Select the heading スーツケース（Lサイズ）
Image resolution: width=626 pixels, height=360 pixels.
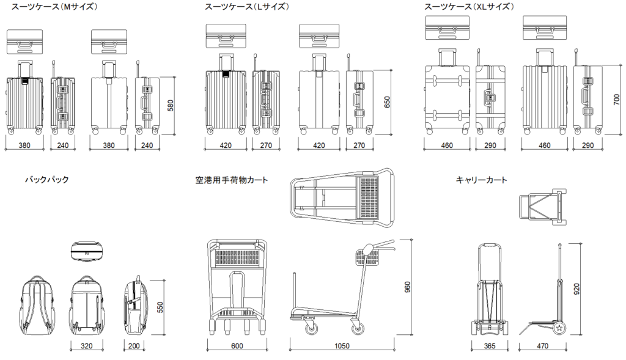[x=247, y=7]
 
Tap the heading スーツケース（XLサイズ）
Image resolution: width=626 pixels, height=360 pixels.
[x=469, y=7]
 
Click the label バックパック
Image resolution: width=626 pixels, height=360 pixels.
[x=46, y=180]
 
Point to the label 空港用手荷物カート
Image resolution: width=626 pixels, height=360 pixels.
[x=232, y=180]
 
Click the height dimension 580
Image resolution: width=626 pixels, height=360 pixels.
[x=171, y=105]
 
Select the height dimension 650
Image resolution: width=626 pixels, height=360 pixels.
[x=386, y=101]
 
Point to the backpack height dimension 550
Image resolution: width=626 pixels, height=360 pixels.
[x=160, y=307]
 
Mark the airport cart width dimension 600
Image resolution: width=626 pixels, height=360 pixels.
[x=238, y=347]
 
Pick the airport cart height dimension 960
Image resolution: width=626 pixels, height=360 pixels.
[x=408, y=287]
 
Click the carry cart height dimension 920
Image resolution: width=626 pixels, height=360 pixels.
[x=576, y=289]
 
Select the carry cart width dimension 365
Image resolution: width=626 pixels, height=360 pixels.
[x=489, y=347]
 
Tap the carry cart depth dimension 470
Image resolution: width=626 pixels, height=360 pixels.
[x=543, y=347]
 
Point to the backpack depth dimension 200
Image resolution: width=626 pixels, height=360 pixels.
[x=135, y=347]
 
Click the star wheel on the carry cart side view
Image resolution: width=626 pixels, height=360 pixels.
[x=559, y=329]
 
